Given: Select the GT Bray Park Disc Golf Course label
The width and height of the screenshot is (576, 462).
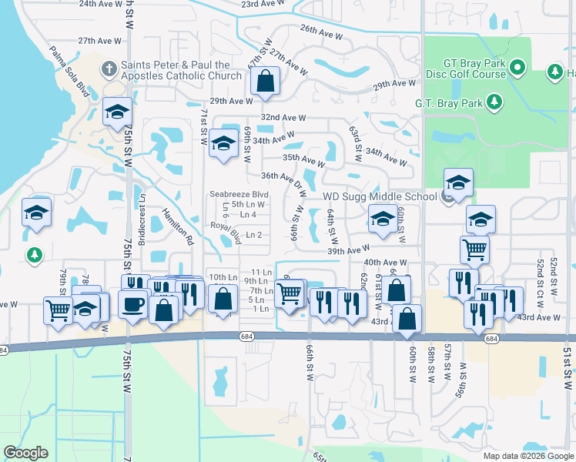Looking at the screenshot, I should click(x=464, y=69).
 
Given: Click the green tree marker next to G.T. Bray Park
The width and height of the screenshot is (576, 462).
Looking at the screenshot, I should click(x=494, y=102).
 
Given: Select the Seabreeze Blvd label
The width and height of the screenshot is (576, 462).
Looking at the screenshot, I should click(x=239, y=195).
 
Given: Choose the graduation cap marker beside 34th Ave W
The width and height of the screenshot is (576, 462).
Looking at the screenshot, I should click(x=223, y=143).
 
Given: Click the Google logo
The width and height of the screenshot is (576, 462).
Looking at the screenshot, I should click(x=25, y=453).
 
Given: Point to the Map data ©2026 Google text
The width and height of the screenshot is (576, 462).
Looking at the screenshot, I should click(x=528, y=456).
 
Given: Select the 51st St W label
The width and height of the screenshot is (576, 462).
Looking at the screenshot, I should click(x=569, y=362).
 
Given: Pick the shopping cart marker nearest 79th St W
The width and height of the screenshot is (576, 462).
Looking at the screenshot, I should click(x=59, y=310).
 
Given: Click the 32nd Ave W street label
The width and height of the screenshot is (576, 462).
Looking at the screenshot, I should click(x=283, y=118).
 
